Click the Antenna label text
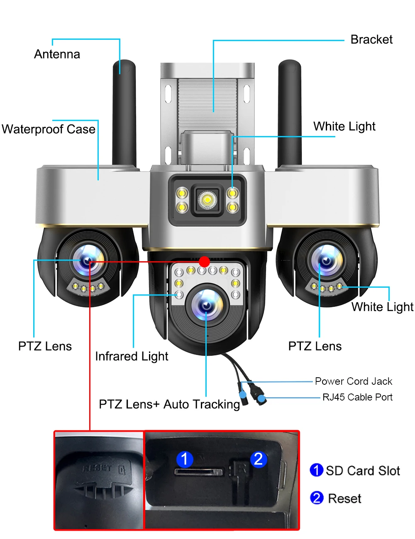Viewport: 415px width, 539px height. coord(57,54)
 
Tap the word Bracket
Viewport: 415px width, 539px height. coord(371,40)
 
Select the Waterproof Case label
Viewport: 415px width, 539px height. coord(49,129)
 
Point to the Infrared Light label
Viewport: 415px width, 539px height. coord(132,357)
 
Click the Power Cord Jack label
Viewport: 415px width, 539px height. coord(354,381)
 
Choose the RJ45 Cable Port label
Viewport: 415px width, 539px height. coord(357,397)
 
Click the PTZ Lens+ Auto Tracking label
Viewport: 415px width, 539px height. coord(169,404)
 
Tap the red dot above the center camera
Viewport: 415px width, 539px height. coord(204,262)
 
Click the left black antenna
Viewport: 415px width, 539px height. coord(124,112)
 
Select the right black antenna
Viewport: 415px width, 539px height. coord(290,112)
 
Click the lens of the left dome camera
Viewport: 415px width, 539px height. coord(88,260)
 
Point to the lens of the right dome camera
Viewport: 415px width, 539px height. coord(326,260)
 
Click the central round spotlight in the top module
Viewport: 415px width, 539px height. coord(207,200)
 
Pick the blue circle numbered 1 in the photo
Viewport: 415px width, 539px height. coord(185,459)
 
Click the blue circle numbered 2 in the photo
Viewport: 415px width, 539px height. coord(258,459)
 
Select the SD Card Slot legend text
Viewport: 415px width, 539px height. coord(363,471)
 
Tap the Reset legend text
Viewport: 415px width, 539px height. coord(344,498)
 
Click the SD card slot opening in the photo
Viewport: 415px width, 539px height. coord(198,472)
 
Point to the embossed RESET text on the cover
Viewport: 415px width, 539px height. coord(97,469)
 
